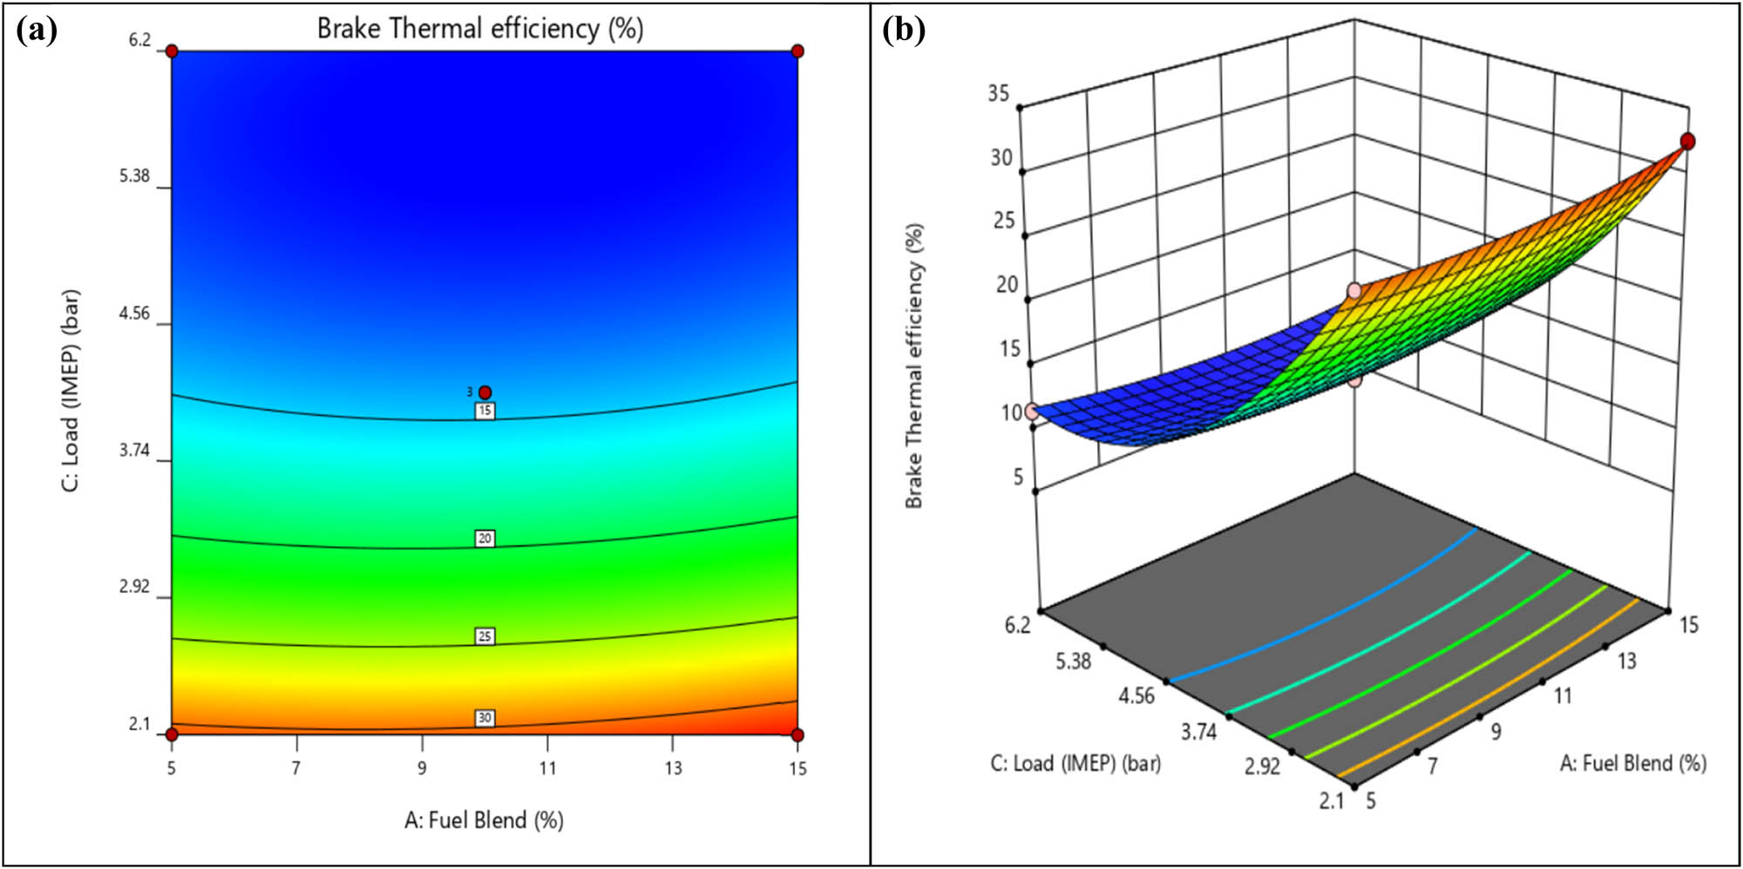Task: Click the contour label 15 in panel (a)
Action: coord(485,411)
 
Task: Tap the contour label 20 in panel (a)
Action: coord(485,539)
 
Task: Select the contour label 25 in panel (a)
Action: coord(485,636)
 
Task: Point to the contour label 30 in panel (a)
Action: coord(485,718)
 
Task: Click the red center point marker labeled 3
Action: coord(485,392)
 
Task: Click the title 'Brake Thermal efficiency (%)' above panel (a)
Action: coord(480,29)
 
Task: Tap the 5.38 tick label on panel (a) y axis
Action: coord(134,176)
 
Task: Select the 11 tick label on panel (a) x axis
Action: coord(547,768)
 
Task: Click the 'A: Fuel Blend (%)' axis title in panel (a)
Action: coord(484,820)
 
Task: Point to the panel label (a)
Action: coord(37,31)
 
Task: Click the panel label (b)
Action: coord(904,31)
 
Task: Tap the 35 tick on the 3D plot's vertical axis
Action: coord(999,93)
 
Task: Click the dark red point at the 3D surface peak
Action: coord(1688,141)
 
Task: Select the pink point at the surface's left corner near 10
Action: coord(1032,411)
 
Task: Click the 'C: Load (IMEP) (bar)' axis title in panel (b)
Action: coord(1075,764)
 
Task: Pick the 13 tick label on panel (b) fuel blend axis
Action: coord(1627,662)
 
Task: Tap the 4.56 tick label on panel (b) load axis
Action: coord(1136,696)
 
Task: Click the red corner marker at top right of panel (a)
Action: coord(797,51)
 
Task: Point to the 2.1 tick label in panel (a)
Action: coord(139,724)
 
